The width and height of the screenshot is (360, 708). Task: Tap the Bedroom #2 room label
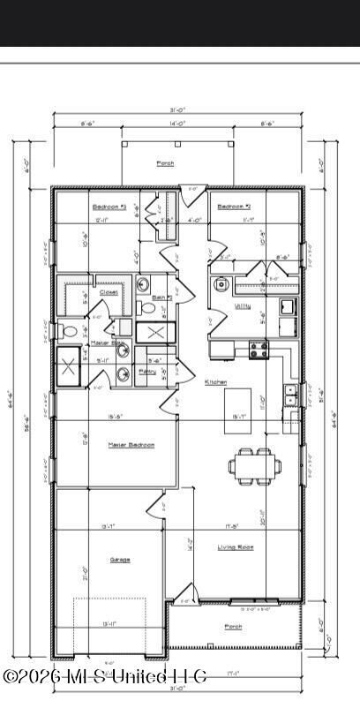235,207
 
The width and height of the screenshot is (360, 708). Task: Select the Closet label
109,291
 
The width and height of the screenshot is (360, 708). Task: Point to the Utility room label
242,306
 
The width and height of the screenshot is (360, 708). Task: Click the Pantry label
148,372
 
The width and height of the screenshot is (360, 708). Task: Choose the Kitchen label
216,382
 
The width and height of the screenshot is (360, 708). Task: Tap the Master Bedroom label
131,445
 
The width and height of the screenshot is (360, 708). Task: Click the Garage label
120,560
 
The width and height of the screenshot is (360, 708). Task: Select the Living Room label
236,547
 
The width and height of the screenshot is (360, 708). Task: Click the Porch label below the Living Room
233,627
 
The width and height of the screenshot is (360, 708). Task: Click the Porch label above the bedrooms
165,163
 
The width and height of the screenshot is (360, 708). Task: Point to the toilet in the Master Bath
70,332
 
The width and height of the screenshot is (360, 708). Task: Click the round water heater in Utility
223,285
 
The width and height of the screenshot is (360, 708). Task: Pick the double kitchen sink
289,395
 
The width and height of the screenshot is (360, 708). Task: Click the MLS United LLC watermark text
105,676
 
